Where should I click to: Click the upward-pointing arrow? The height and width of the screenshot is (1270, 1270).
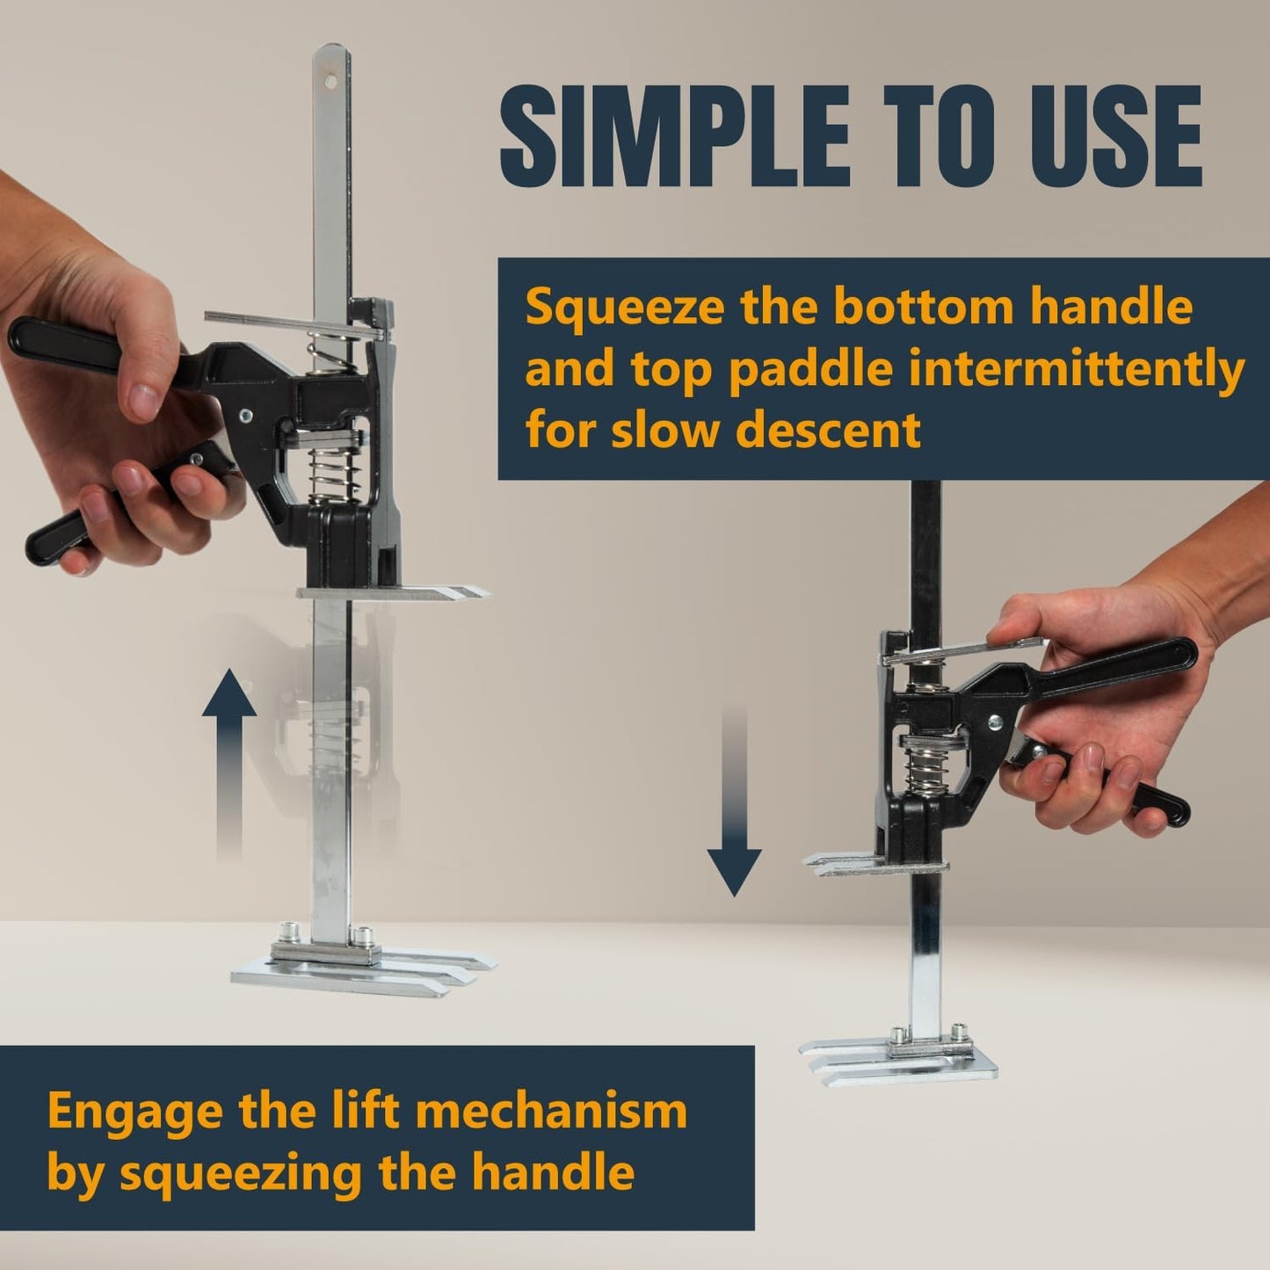(229, 765)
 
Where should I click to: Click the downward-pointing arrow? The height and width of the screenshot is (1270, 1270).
(734, 803)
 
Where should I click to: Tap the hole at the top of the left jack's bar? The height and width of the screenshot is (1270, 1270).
(330, 82)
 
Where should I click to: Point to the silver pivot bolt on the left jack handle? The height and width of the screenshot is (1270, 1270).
(246, 415)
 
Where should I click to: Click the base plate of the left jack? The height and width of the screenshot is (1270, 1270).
(363, 966)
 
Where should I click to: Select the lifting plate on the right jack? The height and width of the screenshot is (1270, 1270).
(877, 865)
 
